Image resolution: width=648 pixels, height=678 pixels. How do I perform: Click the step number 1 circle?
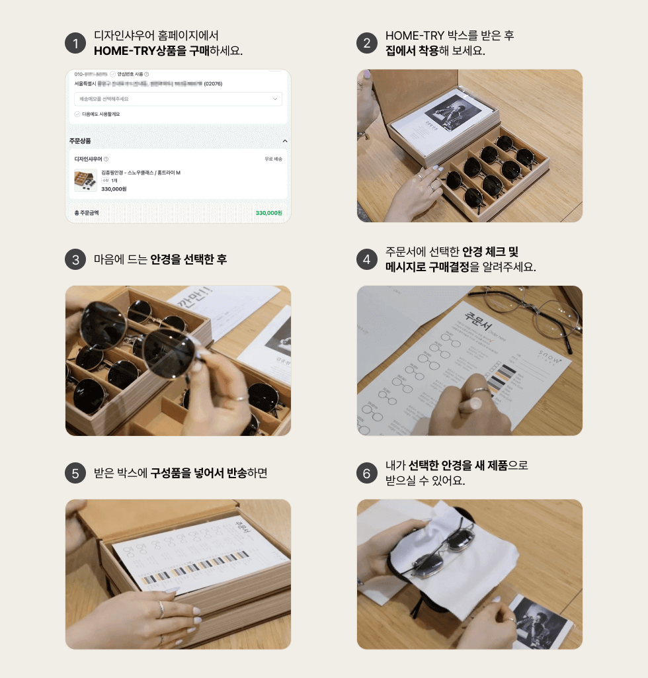[x=75, y=44]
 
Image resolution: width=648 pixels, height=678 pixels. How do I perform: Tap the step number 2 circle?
[x=367, y=44]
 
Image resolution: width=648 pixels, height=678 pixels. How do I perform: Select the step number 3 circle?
[x=75, y=260]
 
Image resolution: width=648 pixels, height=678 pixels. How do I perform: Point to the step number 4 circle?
[x=367, y=260]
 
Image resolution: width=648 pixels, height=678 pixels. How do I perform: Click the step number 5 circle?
[x=75, y=474]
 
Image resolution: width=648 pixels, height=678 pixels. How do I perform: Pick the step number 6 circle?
[x=367, y=474]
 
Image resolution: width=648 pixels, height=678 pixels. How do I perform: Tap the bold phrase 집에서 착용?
[x=412, y=51]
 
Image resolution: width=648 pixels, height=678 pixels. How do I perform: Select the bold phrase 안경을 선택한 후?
[x=188, y=260]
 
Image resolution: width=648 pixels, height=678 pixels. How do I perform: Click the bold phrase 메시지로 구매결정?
[x=427, y=267]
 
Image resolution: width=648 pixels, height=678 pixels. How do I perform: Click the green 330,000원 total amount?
[x=268, y=213]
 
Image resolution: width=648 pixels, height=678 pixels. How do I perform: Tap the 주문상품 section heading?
[x=80, y=141]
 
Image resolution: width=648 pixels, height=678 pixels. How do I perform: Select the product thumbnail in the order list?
[x=85, y=180]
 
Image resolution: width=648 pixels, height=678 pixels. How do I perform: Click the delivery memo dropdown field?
[x=178, y=99]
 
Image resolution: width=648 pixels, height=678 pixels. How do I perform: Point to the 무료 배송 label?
[x=272, y=159]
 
